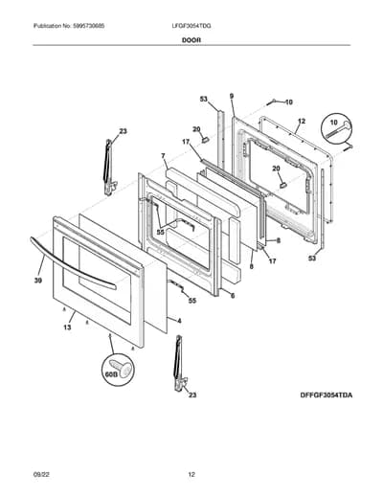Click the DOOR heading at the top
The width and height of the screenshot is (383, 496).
pyautogui.click(x=191, y=40)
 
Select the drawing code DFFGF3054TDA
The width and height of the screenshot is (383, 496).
pyautogui.click(x=327, y=395)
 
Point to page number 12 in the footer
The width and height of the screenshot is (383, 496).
pyautogui.click(x=191, y=475)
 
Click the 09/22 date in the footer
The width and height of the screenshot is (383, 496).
pyautogui.click(x=41, y=475)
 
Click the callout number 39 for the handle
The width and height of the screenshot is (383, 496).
pyautogui.click(x=38, y=281)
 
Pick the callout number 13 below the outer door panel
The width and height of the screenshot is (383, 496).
pyautogui.click(x=67, y=327)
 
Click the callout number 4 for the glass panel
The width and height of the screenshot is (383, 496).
pyautogui.click(x=179, y=321)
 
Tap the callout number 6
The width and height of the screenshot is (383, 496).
pyautogui.click(x=233, y=296)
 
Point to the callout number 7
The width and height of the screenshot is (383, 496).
pyautogui.click(x=163, y=156)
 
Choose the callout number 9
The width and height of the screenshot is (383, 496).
pyautogui.click(x=232, y=96)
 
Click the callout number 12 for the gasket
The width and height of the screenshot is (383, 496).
pyautogui.click(x=302, y=122)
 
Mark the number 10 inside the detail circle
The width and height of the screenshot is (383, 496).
pyautogui.click(x=333, y=123)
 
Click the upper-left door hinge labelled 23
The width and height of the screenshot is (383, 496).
pyautogui.click(x=109, y=167)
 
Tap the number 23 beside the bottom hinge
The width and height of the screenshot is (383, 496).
pyautogui.click(x=192, y=395)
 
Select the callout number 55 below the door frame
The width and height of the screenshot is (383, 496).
pyautogui.click(x=192, y=301)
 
